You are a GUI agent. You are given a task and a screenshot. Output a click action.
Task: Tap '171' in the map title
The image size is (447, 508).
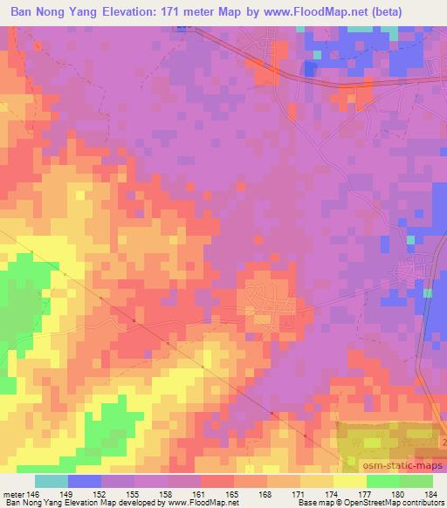[x=189, y=13]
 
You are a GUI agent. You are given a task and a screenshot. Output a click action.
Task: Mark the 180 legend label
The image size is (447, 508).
[x=399, y=495]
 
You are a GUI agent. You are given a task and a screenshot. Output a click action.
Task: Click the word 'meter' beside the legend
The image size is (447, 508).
[x=12, y=495]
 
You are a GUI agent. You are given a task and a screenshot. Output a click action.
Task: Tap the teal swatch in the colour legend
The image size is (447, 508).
[x=52, y=482]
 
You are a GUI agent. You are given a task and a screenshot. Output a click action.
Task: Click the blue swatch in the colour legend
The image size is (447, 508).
[x=85, y=482]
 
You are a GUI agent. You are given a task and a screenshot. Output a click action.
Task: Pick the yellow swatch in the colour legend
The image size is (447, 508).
[x=349, y=482]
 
